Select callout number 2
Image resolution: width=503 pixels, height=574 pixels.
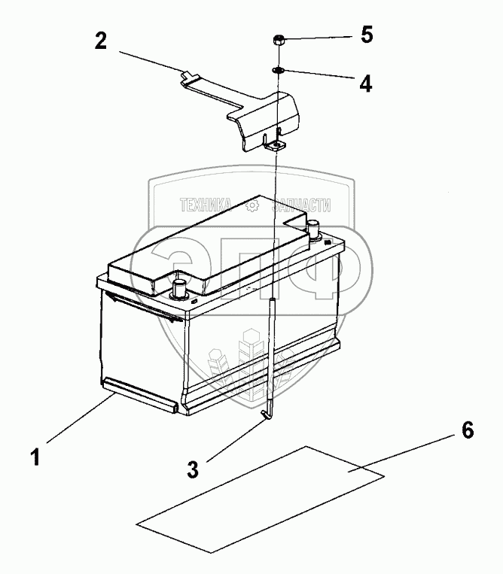[101, 41]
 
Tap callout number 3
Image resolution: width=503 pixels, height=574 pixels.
[194, 471]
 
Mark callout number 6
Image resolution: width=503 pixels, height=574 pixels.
[467, 430]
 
